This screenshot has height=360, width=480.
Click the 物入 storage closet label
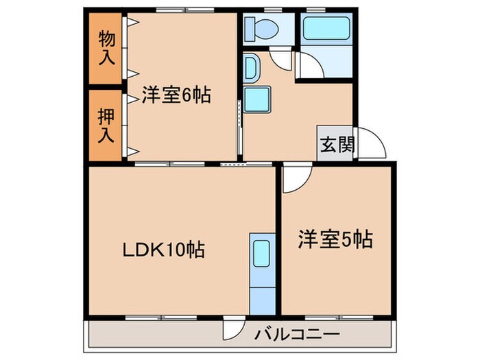pyautogui.click(x=105, y=46)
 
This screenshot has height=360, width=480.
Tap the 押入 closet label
pyautogui.click(x=105, y=124)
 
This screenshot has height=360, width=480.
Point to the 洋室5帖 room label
pyautogui.click(x=335, y=239)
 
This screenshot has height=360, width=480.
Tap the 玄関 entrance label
pyautogui.click(x=335, y=146)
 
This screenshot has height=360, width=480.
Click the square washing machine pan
pyautogui.click(x=259, y=101)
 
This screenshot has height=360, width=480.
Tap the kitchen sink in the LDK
pyautogui.click(x=261, y=254)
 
